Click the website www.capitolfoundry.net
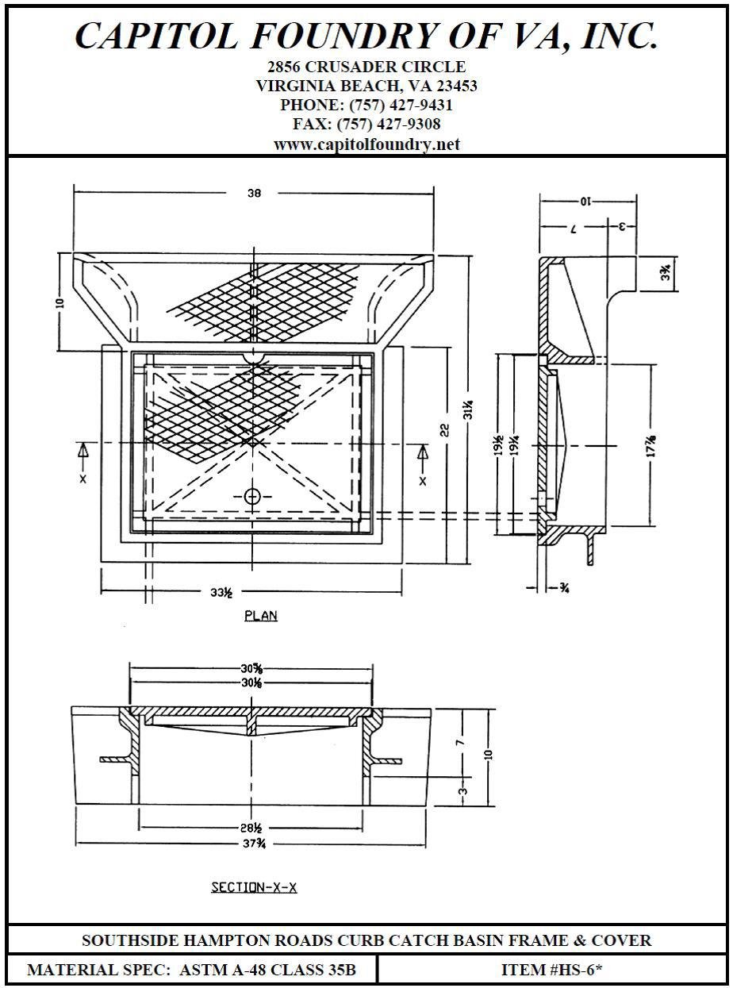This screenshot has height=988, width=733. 366,144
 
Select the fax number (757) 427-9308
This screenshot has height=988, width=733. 390,125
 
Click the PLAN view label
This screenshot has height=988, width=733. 261,615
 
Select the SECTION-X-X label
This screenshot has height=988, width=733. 254,887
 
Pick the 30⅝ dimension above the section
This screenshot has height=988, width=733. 252,668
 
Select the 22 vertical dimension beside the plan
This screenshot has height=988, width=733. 445,429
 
